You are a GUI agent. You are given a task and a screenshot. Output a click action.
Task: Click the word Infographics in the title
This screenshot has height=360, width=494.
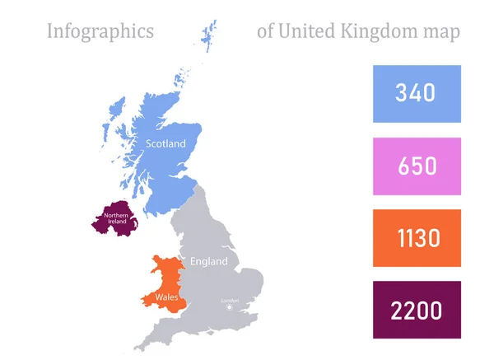100,32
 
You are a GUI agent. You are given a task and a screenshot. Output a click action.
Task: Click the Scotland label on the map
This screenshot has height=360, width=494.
165,143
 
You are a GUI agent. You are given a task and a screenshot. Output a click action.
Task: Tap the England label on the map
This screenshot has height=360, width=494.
207,262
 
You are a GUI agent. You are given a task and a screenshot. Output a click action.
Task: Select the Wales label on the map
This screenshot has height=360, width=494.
158,297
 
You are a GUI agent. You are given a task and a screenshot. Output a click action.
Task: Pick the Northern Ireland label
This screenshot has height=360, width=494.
115,220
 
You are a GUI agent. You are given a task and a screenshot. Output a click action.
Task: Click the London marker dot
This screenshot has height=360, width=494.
230,307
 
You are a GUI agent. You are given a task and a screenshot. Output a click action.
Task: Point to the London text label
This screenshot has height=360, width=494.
230,301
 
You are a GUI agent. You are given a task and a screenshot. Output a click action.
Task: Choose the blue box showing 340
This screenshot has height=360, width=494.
417,94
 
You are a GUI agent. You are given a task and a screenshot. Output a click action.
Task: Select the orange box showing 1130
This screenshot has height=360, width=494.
417,238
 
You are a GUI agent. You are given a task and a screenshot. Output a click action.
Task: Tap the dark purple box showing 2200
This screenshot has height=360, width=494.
417,310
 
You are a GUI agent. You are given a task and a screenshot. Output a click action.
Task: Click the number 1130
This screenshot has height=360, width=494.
417,239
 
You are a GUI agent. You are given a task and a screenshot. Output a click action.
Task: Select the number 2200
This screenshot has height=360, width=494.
417,311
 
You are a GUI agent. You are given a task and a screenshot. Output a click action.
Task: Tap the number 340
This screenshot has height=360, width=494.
417,94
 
